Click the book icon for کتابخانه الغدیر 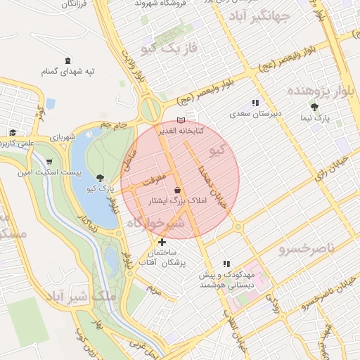coord(181,121)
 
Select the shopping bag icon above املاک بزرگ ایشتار coord(176,190)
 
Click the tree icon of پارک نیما coord(314,107)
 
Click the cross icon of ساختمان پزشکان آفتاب coord(163,243)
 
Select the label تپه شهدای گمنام coord(67,72)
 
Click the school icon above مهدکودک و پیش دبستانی coord(225,264)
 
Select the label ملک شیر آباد coord(81,295)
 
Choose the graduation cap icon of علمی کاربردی coord(13,132)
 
